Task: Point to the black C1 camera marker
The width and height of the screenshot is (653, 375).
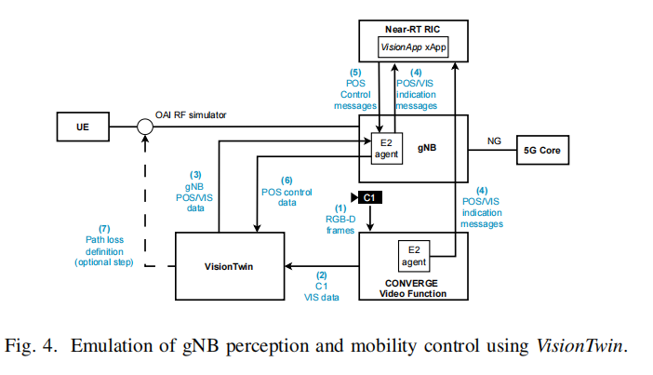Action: click(x=369, y=197)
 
